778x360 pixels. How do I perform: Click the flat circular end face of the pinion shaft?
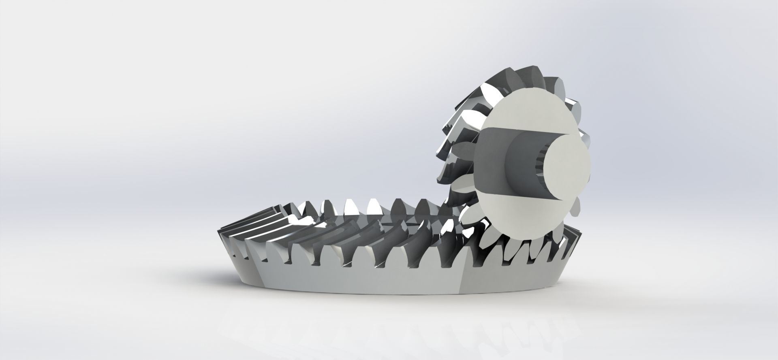565,167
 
